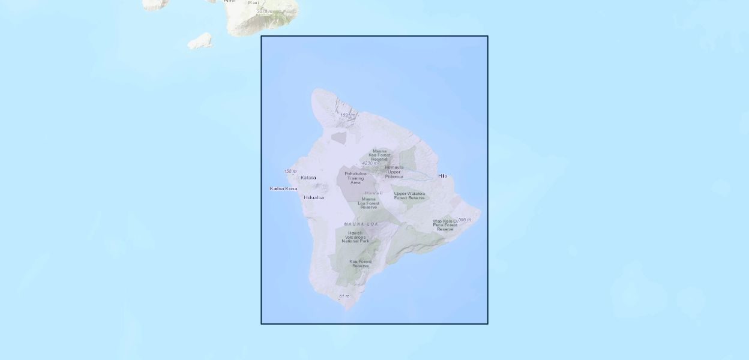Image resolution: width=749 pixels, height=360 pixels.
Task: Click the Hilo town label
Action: tap(443, 176)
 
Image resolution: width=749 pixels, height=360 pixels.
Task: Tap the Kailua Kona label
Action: tap(283, 188)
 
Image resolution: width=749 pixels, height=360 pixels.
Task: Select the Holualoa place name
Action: tap(313, 197)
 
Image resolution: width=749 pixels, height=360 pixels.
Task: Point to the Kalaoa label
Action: tap(308, 178)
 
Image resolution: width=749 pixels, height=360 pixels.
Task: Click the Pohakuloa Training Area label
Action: tap(355, 178)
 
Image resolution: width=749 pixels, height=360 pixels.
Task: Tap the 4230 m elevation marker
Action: tap(370, 163)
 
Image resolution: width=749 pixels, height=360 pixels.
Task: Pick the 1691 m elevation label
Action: tap(348, 115)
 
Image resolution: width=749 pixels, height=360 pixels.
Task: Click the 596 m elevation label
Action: tap(465, 220)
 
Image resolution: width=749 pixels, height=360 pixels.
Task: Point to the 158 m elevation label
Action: tap(290, 172)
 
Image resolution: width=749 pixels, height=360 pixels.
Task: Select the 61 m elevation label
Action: tap(344, 296)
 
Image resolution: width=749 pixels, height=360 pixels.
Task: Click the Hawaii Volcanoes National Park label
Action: tap(355, 237)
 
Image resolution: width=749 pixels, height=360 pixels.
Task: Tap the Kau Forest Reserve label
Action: tap(361, 263)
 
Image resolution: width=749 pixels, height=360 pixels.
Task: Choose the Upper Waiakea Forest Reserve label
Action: tap(409, 196)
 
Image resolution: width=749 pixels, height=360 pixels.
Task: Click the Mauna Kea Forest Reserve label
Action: tap(379, 155)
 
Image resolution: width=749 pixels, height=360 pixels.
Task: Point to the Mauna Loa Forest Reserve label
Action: tap(368, 203)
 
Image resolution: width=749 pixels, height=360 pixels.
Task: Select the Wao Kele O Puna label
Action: tap(445, 225)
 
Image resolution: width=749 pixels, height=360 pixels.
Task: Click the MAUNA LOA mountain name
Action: tap(361, 224)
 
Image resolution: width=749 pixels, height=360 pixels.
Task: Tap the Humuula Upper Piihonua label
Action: tap(394, 172)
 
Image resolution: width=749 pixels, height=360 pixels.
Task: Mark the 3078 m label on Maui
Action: tap(264, 11)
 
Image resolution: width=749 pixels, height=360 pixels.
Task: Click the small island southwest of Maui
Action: tap(200, 41)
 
